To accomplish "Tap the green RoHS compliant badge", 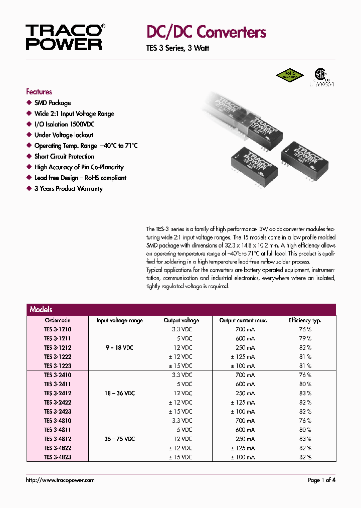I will point(290,75).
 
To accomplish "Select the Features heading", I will point(39,92).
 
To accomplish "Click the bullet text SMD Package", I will point(53,103).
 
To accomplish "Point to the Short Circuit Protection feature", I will point(64,157).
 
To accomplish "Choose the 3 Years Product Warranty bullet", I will point(68,189).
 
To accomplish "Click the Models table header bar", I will point(181,310).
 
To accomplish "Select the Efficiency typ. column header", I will point(305,320).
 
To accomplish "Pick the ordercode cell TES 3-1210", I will point(58,329).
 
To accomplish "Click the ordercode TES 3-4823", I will point(58,457).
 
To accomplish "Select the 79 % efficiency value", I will point(305,338).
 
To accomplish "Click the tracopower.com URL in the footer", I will point(60,480).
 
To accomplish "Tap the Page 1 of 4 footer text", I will point(321,480).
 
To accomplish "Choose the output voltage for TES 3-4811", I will point(185,430).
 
